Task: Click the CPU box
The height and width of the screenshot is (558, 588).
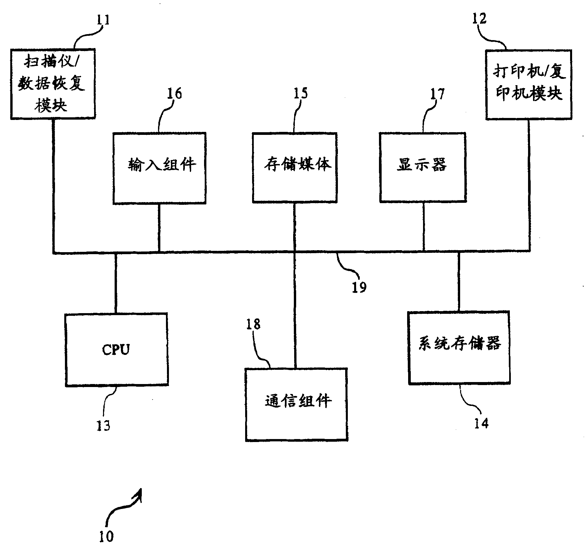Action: point(117,350)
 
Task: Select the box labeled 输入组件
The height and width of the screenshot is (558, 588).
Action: point(159,168)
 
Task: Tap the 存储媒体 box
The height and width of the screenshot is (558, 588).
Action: point(295,167)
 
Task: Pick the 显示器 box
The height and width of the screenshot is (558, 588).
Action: point(423,167)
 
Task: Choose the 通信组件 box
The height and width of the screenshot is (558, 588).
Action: point(296,404)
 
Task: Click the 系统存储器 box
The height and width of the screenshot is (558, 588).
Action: point(459,348)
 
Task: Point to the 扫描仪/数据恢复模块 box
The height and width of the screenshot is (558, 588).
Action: point(53,84)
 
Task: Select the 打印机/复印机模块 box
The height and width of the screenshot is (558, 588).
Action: point(529,84)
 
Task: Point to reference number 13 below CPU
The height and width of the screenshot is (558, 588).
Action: point(103,425)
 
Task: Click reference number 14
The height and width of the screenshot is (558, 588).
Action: point(481,423)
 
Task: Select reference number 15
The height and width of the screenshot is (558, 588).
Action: point(300,93)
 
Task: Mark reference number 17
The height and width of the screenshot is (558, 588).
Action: point(437,94)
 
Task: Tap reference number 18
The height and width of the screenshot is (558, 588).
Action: point(253,324)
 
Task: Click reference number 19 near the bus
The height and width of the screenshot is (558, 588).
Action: point(359,287)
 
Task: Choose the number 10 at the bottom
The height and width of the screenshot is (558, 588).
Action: point(106,536)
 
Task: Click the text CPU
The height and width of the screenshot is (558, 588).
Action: point(116,350)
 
